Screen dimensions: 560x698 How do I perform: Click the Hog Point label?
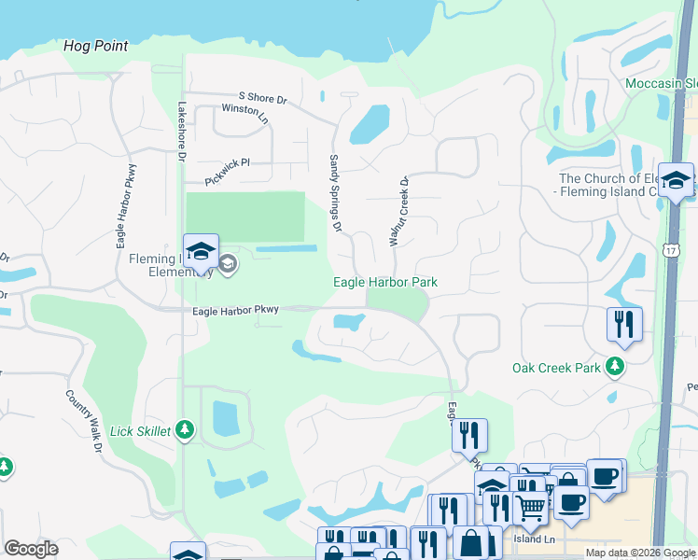(96, 46)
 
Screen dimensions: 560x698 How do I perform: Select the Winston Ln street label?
(244, 108)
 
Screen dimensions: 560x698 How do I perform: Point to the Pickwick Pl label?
(228, 161)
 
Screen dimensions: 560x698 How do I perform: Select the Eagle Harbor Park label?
(385, 282)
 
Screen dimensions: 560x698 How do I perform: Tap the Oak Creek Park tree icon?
(614, 367)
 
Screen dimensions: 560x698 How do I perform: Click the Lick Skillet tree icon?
(185, 430)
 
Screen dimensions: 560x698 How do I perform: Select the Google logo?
(31, 549)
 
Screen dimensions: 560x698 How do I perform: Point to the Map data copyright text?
(639, 553)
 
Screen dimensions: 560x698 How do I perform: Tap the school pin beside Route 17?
(676, 181)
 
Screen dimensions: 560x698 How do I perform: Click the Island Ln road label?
(535, 539)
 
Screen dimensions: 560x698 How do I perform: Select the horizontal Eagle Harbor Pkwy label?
(236, 311)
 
